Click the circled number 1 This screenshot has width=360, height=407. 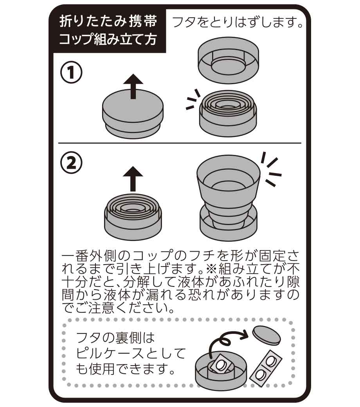tap(71, 72)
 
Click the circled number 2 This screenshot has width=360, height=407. tap(71, 163)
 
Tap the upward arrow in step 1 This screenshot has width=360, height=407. tap(133, 86)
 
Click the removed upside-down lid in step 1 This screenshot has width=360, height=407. tap(228, 60)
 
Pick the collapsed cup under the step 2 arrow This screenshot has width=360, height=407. tap(133, 216)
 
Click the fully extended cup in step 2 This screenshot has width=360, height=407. tap(229, 198)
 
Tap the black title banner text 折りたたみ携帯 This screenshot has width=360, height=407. tap(108, 21)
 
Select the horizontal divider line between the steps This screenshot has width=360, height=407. tap(180, 143)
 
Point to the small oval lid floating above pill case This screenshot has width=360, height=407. tap(266, 335)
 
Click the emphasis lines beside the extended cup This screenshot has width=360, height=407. tap(271, 169)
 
